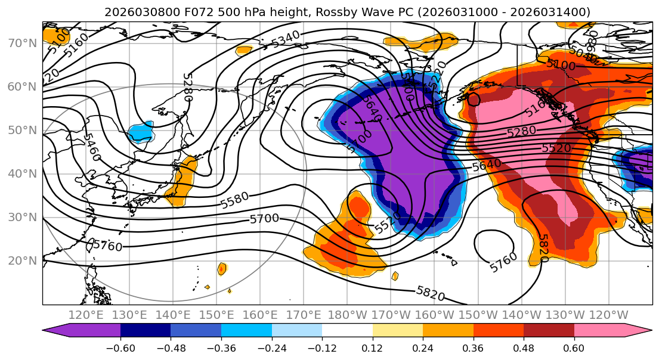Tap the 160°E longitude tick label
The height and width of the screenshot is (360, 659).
260,315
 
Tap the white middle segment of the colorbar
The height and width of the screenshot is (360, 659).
347,331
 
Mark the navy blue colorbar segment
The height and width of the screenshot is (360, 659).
146,331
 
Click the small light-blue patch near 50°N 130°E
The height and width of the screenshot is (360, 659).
141,132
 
